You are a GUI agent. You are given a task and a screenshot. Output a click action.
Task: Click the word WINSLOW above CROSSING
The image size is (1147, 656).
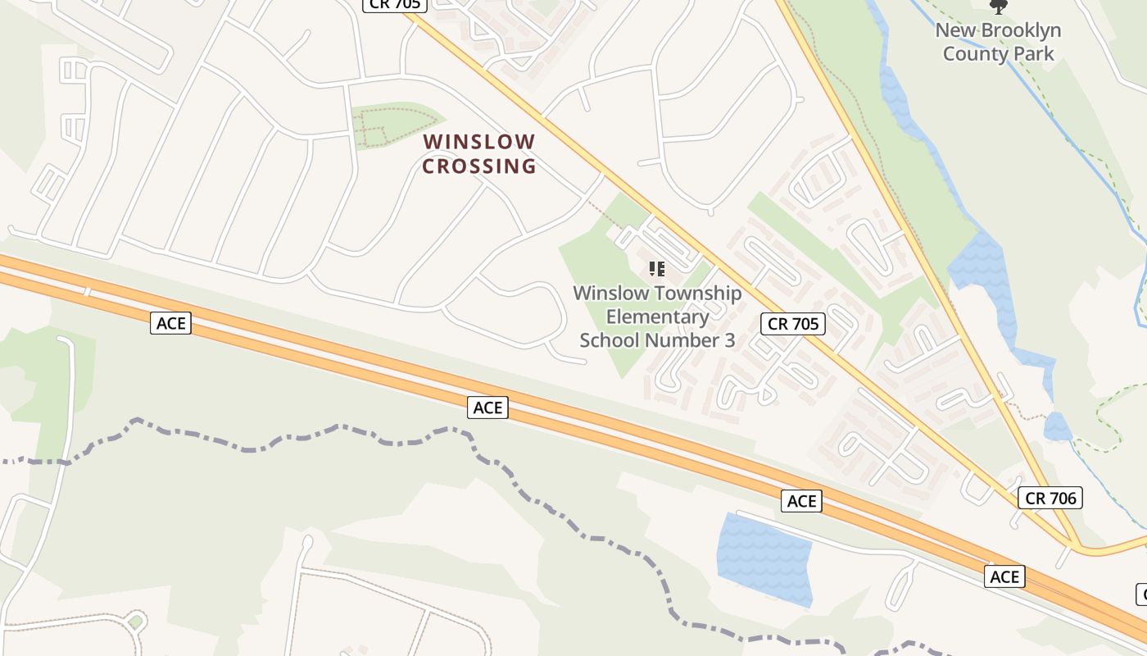479,142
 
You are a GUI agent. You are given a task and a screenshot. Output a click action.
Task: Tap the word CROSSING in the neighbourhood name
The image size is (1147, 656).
479,166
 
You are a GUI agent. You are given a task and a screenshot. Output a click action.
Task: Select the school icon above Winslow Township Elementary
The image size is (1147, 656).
656,269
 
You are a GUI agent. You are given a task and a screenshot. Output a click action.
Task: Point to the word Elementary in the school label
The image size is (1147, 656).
657,317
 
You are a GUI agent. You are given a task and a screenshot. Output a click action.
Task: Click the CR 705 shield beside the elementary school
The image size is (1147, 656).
793,324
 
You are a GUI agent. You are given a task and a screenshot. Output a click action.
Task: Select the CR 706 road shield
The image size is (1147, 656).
1051,498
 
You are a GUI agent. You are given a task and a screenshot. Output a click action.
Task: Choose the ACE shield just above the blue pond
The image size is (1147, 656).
801,501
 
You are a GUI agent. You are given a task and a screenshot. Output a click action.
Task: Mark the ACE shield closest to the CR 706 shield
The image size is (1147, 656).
1004,576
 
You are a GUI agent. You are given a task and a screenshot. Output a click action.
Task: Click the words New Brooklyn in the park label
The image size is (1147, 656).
998,31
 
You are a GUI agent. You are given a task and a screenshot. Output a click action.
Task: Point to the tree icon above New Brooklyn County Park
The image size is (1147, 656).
998,7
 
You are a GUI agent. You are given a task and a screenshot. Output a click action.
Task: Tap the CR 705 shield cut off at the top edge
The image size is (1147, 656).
395,5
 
